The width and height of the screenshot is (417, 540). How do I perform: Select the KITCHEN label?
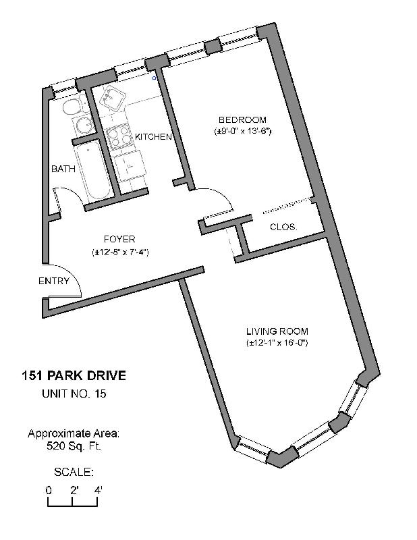(x=153, y=137)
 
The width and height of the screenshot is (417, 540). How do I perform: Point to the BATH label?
(x=63, y=169)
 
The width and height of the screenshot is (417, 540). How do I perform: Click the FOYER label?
(x=119, y=239)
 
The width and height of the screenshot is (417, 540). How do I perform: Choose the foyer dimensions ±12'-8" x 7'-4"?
(x=119, y=252)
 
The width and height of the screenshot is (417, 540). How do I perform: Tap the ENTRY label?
(x=54, y=281)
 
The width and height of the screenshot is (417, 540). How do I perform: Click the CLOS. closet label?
(x=283, y=227)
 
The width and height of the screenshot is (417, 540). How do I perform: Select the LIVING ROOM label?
(x=277, y=331)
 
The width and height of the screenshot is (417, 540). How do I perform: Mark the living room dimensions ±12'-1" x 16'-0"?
(x=277, y=343)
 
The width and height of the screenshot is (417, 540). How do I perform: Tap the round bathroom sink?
(x=84, y=126)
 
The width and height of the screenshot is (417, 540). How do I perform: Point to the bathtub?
(x=93, y=171)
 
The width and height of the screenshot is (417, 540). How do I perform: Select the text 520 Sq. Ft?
(x=74, y=446)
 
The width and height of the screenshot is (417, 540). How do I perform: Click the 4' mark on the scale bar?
(x=98, y=490)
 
